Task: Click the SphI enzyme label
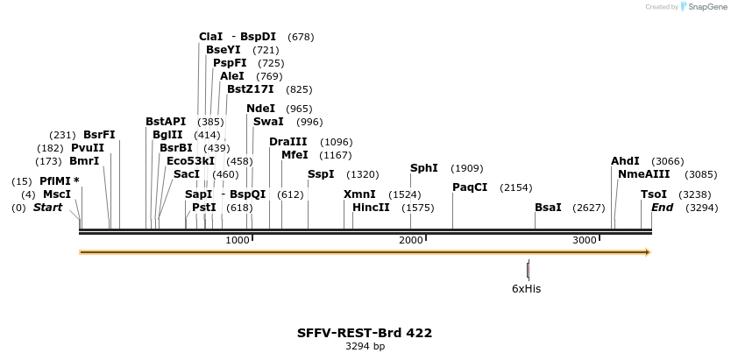coord(424,168)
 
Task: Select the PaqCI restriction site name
coord(470,187)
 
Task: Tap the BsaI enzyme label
coord(548,208)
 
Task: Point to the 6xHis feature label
coord(527,288)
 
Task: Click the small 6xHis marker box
coord(528,270)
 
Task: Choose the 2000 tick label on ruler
coord(411,241)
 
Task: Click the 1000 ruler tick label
coord(238,241)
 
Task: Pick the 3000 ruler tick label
coord(585,241)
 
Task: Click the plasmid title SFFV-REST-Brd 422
coord(365,333)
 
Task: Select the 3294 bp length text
coord(365,347)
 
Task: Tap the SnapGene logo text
coord(708,7)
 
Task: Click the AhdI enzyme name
coord(625,161)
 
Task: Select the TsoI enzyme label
coord(654,194)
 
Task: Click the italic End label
coord(662,208)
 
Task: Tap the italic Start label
coord(47,208)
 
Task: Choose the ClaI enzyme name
coord(211,37)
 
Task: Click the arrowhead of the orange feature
coord(649,252)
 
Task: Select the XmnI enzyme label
coord(359,194)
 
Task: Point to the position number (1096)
coord(337,142)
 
